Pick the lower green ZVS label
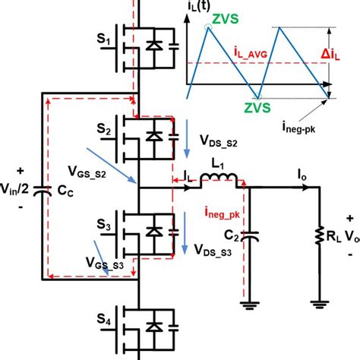coord(256,109)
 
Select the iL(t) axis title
coord(198,10)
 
